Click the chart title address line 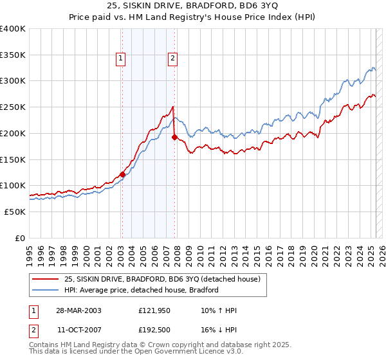[193, 6]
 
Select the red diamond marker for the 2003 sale [122, 174]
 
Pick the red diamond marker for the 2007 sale [174, 137]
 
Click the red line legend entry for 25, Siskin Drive [161, 279]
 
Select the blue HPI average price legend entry [142, 290]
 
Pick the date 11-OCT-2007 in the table [78, 330]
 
